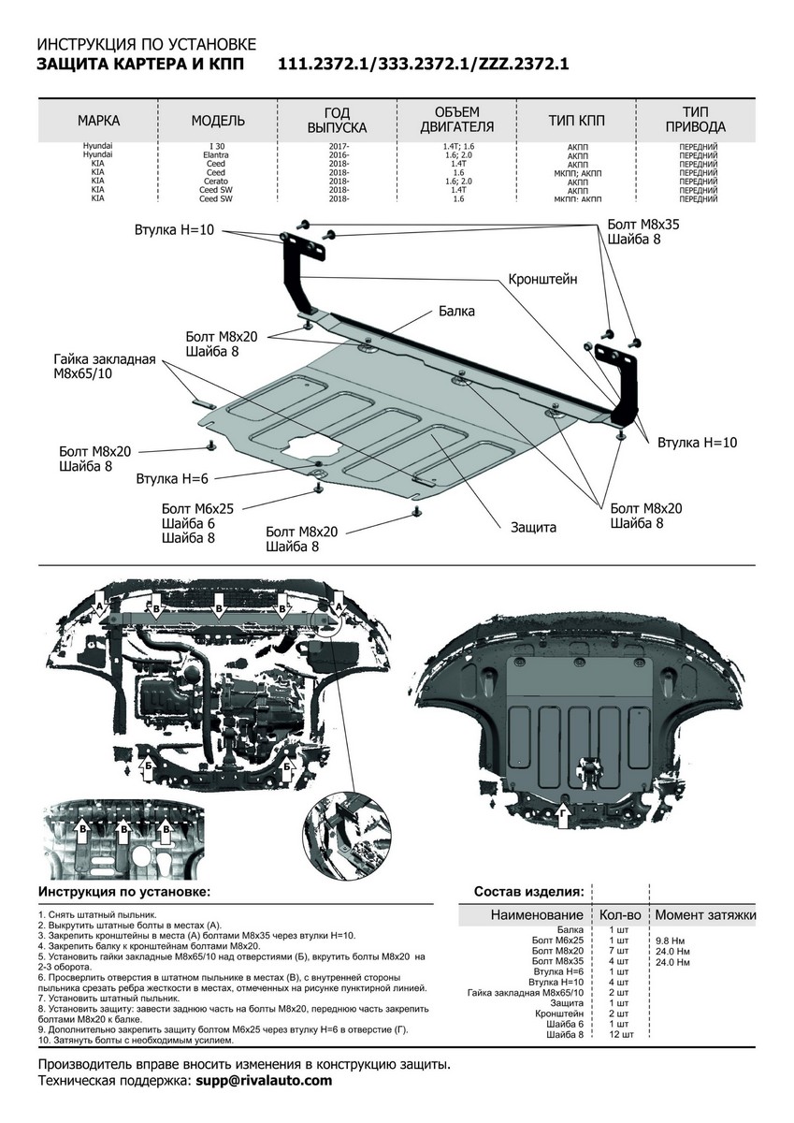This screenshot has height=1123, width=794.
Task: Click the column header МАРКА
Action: pyautogui.click(x=98, y=121)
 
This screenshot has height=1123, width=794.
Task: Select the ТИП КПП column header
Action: pyautogui.click(x=576, y=121)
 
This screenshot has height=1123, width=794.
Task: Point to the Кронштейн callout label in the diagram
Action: pyautogui.click(x=542, y=279)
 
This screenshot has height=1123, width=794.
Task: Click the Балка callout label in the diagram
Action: pyautogui.click(x=456, y=311)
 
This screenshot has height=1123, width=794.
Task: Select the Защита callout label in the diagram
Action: pyautogui.click(x=533, y=527)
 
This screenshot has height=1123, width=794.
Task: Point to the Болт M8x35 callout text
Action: pyautogui.click(x=643, y=225)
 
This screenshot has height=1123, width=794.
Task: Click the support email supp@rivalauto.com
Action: pyautogui.click(x=264, y=1080)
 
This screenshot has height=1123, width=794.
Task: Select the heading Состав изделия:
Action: pyautogui.click(x=528, y=890)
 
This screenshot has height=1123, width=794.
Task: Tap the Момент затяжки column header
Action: pyautogui.click(x=705, y=914)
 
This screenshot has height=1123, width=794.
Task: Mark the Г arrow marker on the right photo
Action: pyautogui.click(x=564, y=817)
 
